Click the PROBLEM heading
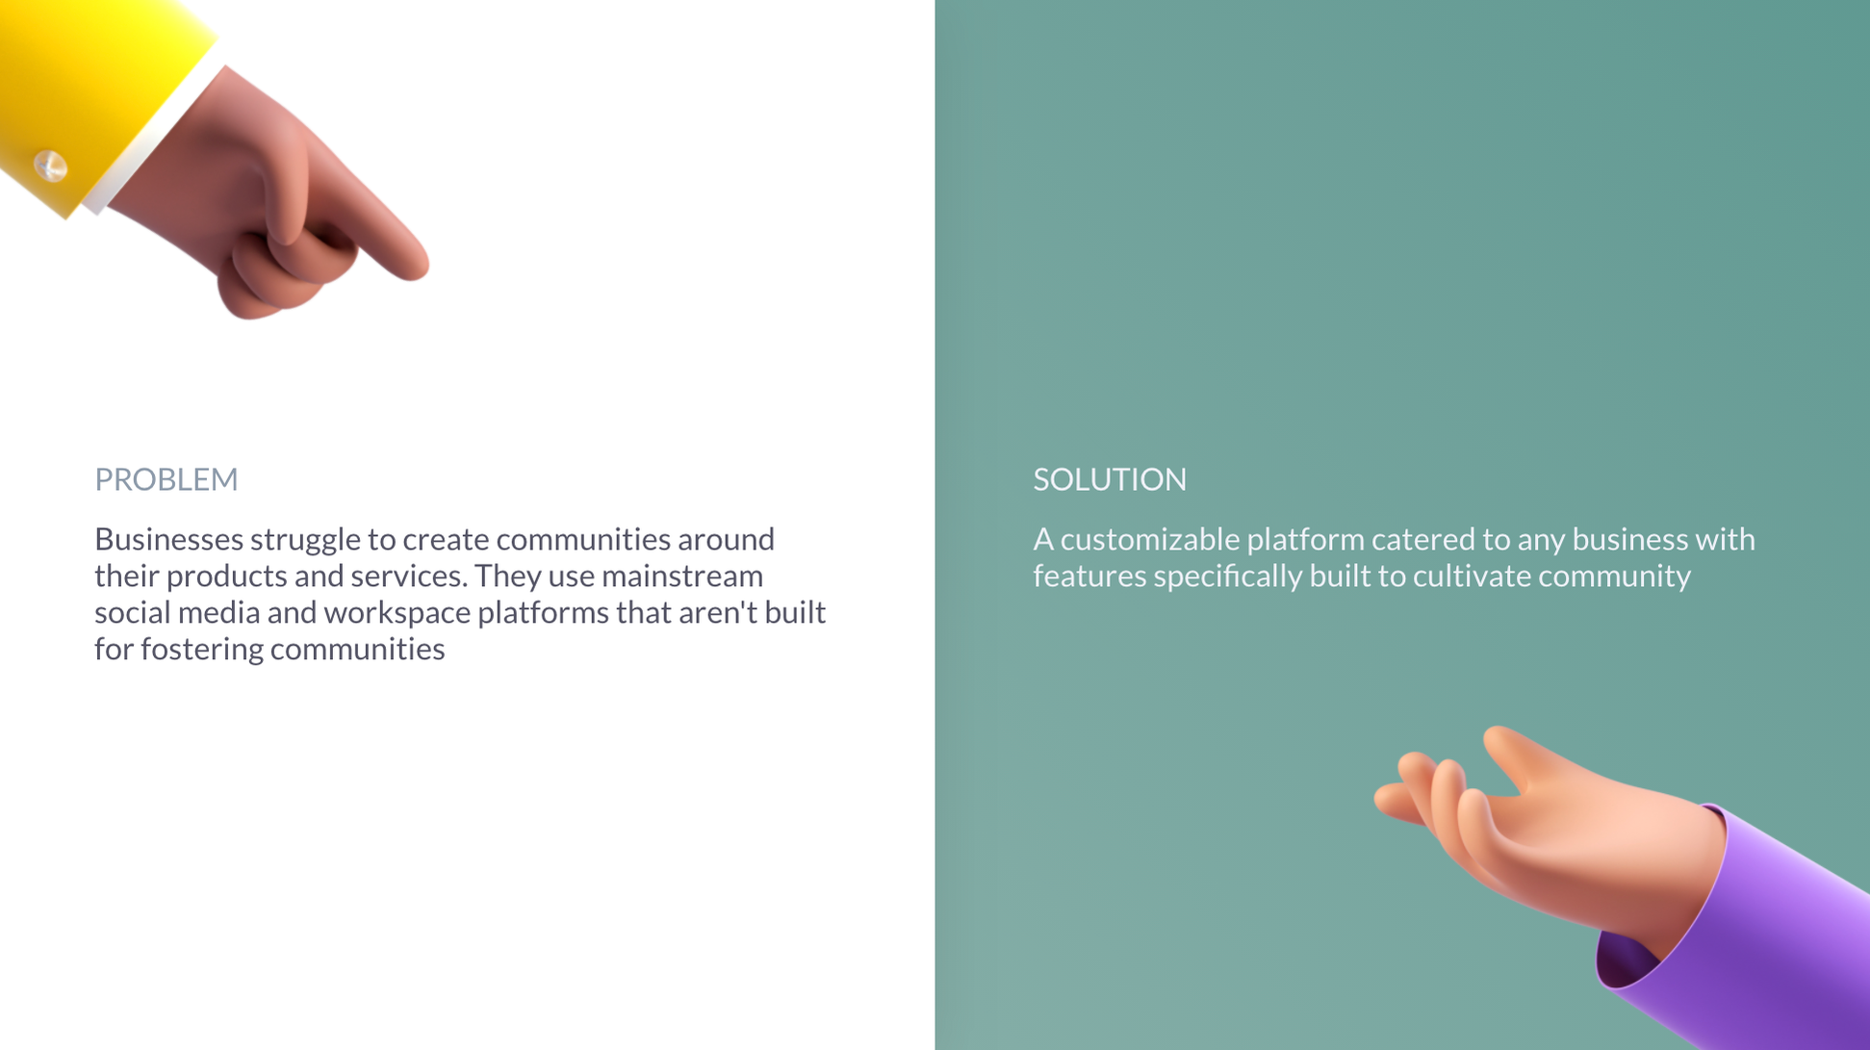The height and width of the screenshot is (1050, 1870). click(166, 479)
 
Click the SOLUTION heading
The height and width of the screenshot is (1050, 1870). click(1110, 479)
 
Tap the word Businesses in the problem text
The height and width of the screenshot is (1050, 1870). click(167, 539)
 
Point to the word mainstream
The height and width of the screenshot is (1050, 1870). click(681, 576)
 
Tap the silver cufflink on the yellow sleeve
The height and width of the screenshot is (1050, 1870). click(50, 166)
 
